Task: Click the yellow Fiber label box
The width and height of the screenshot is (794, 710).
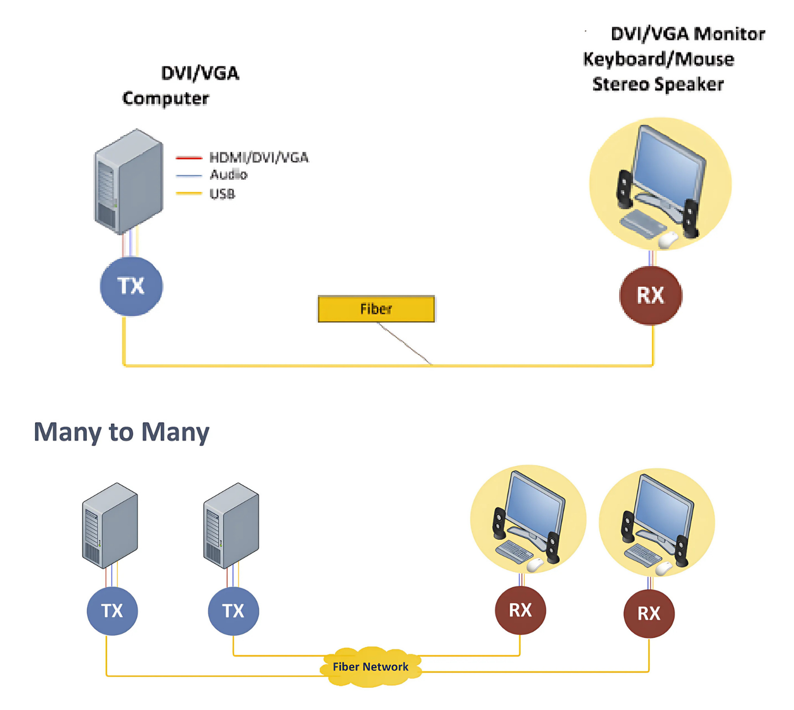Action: [376, 309]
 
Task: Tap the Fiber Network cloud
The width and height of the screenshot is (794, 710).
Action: [370, 667]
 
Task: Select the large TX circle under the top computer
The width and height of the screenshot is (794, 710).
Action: [131, 286]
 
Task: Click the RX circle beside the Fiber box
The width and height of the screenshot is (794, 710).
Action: [650, 296]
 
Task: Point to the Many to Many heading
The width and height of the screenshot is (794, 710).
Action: [121, 432]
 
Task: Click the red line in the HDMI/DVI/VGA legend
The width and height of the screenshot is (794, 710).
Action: [189, 158]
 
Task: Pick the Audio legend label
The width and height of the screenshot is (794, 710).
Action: [228, 175]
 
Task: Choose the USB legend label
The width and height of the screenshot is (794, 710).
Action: [222, 194]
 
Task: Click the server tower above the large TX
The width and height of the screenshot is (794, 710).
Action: [128, 181]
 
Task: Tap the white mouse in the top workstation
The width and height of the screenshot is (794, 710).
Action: [668, 240]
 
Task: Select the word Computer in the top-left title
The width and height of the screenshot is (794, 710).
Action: [166, 98]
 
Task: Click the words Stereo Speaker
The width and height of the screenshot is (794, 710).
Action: [658, 84]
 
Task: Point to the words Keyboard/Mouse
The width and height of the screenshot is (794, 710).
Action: [658, 59]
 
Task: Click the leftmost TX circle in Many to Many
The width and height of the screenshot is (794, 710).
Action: [112, 611]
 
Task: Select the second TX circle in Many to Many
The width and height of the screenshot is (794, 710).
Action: [233, 611]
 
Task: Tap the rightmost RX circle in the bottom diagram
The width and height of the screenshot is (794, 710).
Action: [649, 613]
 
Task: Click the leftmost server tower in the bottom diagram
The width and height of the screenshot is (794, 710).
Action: [110, 525]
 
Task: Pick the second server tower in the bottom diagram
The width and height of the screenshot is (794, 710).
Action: [231, 525]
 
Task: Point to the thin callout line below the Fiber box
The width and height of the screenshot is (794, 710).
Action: [404, 344]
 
